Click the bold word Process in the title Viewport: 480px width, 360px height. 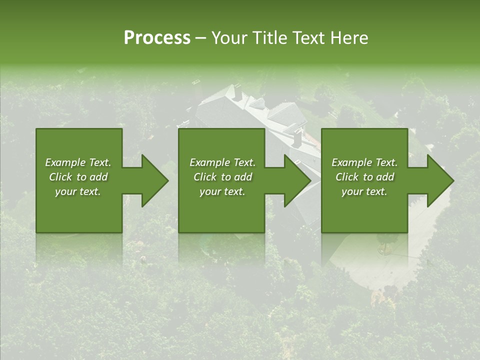point(157,38)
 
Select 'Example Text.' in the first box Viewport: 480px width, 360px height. point(78,162)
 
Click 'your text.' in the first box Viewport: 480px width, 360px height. point(78,191)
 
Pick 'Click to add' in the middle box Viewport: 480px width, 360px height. point(222,177)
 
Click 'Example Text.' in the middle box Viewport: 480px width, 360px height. point(222,162)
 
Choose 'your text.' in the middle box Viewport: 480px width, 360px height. point(222,191)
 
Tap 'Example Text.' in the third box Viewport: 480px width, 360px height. point(364,162)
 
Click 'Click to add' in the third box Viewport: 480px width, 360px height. point(364,177)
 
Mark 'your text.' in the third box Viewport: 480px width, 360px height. point(364,191)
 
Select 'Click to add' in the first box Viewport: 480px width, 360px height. point(78,177)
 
